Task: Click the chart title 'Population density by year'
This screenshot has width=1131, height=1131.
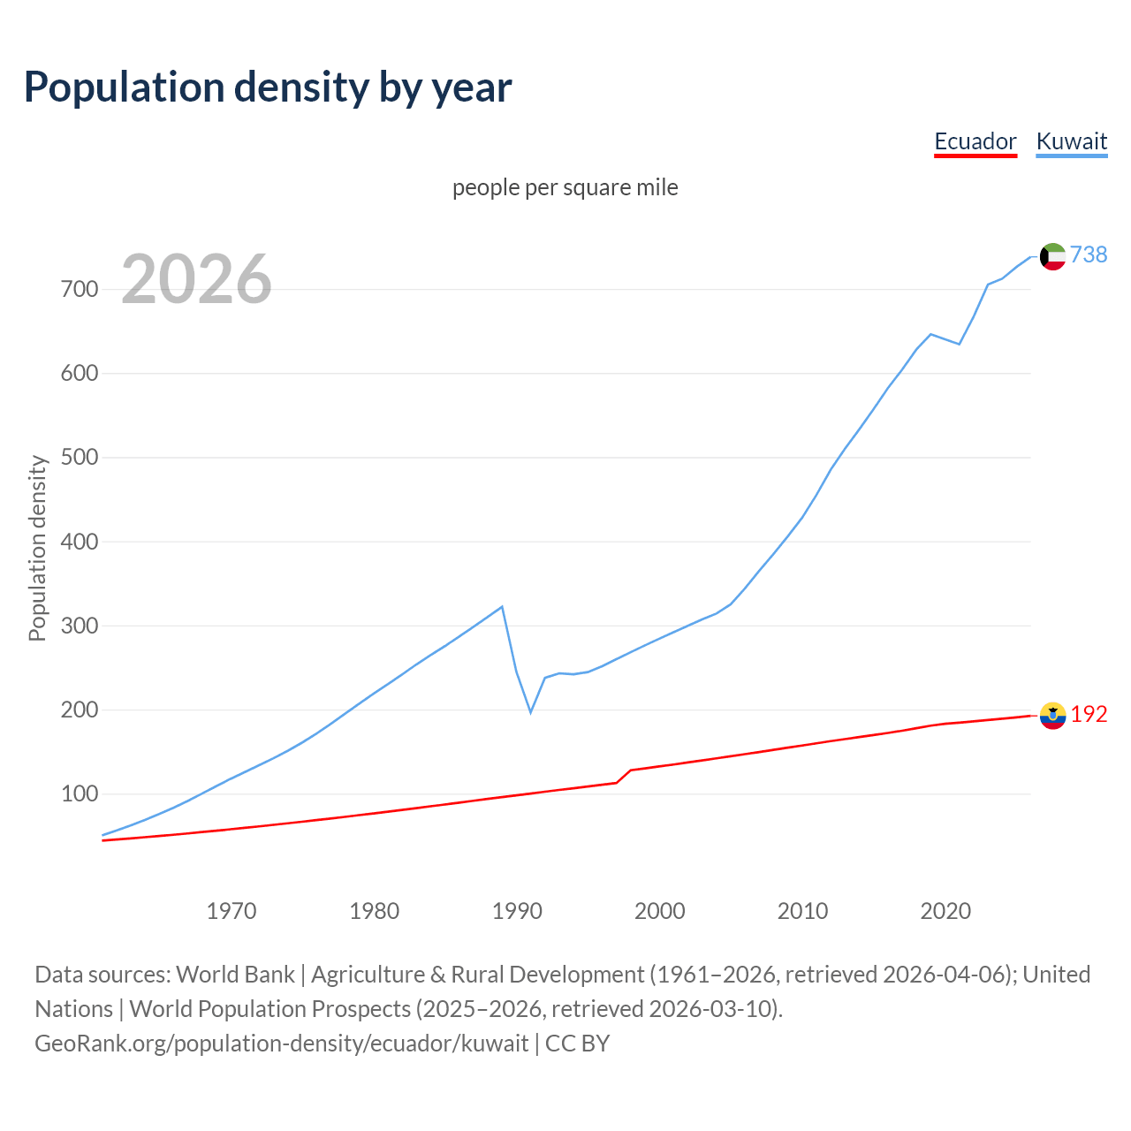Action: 268,87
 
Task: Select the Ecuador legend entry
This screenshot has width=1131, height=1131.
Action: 975,141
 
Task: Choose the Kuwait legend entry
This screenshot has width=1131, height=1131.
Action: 1071,141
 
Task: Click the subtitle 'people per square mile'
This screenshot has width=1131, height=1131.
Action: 565,187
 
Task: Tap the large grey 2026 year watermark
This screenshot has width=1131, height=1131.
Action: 196,279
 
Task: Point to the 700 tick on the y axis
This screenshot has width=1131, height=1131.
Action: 80,289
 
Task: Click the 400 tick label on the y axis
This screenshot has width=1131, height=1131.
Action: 80,542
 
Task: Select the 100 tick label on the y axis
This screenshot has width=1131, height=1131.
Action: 80,794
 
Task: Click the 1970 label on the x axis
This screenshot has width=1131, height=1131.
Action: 232,910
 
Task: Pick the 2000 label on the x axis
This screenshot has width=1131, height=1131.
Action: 660,910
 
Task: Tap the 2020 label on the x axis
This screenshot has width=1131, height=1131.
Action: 945,910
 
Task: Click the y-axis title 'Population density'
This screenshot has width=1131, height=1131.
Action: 37,548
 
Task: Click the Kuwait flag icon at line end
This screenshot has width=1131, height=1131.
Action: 1052,256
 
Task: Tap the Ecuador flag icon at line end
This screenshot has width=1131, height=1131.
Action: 1052,716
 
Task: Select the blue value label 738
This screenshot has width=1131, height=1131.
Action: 1089,254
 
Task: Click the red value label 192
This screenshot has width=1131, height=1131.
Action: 1089,714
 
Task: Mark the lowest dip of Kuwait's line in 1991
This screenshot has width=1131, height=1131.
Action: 531,712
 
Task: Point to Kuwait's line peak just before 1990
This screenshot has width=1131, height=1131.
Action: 502,606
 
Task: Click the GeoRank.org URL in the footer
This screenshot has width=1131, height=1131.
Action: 282,1044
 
